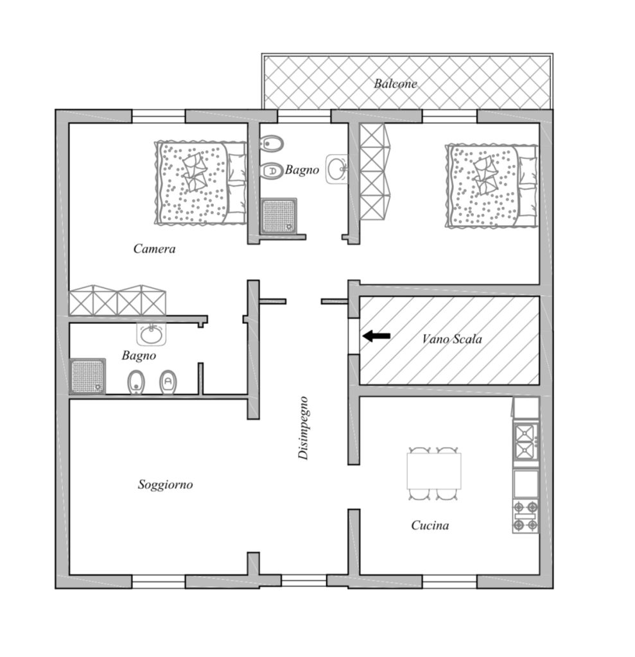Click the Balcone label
(x=396, y=83)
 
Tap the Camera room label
(x=154, y=248)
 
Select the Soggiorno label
(x=165, y=485)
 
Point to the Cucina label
(x=430, y=525)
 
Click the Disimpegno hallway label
(x=303, y=428)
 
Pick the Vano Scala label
(x=452, y=339)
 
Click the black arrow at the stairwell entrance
(x=376, y=336)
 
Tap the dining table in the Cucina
(x=433, y=471)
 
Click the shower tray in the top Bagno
(x=279, y=216)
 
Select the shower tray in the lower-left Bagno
(x=87, y=376)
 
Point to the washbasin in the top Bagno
(x=337, y=169)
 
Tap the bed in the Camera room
(x=201, y=183)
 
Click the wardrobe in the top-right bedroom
(x=374, y=171)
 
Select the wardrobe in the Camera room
(x=117, y=300)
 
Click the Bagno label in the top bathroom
(x=302, y=169)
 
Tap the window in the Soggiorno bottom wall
(x=159, y=581)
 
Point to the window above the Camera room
(x=159, y=117)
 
